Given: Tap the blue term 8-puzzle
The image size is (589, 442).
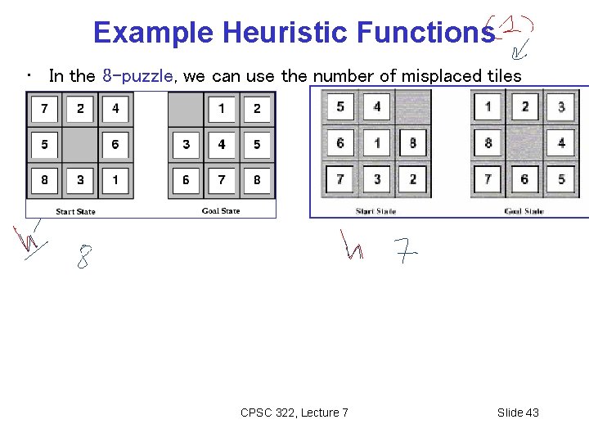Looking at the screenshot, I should [x=137, y=76].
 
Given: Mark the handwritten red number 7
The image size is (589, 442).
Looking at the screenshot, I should [x=406, y=250].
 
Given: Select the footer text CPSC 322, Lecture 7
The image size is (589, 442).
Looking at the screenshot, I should [x=294, y=413].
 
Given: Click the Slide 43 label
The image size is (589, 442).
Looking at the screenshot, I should [x=518, y=413].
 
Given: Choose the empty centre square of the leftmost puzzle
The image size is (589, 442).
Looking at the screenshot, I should [x=80, y=145].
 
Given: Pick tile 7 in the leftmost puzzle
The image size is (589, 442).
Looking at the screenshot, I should [x=44, y=108].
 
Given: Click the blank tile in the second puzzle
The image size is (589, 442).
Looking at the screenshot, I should [x=187, y=108].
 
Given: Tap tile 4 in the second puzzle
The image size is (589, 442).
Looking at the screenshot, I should [x=222, y=145].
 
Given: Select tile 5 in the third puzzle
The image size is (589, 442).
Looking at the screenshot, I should [x=340, y=106].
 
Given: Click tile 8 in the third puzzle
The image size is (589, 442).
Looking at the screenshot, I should [x=412, y=142].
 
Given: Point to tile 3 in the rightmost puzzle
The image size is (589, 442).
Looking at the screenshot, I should [x=561, y=106].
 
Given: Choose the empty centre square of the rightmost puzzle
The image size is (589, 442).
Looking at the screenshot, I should [x=524, y=142].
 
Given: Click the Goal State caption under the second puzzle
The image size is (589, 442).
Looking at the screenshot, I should [x=221, y=211].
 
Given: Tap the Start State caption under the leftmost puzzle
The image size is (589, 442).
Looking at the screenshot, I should [x=75, y=211].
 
